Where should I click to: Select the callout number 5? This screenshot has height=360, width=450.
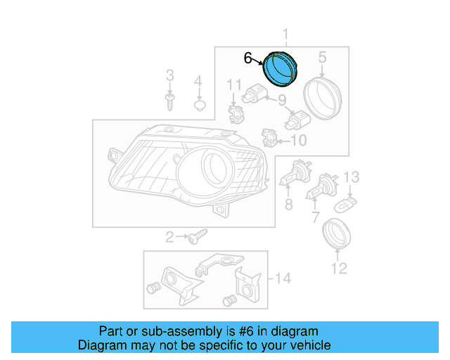[323, 56]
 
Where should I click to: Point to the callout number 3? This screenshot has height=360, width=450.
[169, 75]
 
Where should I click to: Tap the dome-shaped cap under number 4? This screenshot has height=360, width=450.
[199, 106]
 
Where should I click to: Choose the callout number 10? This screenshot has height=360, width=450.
[298, 141]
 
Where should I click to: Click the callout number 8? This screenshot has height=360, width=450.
[288, 205]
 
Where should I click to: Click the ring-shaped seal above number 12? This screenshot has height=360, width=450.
[335, 235]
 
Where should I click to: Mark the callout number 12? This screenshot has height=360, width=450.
[339, 268]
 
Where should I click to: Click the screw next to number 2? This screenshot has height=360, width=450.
[196, 238]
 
